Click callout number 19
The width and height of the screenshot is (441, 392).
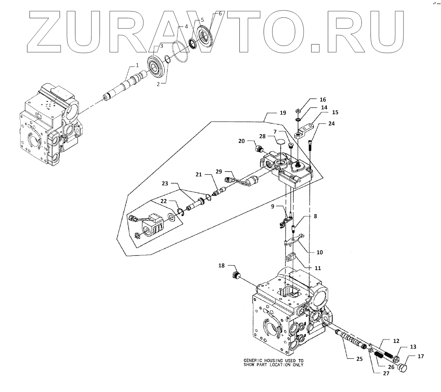pyautogui.click(x=283, y=113)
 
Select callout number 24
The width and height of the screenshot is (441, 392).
pyautogui.click(x=331, y=124)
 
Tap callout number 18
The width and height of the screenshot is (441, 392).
pyautogui.click(x=221, y=266)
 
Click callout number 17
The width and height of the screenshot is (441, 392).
pyautogui.click(x=421, y=356)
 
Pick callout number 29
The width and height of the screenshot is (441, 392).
pyautogui.click(x=219, y=171)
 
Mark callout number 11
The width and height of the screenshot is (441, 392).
pyautogui.click(x=318, y=268)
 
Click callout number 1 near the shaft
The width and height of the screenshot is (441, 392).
pyautogui.click(x=137, y=65)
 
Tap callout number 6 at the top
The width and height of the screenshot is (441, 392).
pyautogui.click(x=220, y=13)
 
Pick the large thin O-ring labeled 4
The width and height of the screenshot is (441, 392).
pyautogui.click(x=181, y=52)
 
